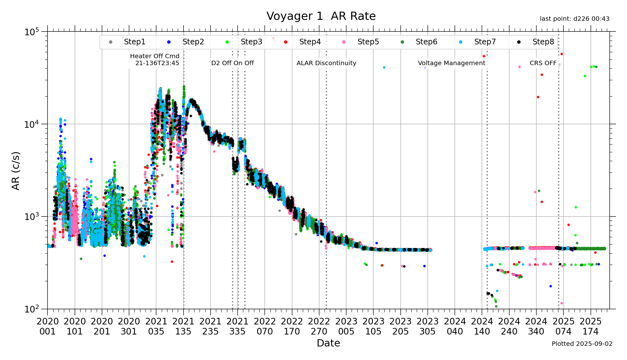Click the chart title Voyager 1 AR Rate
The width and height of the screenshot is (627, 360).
[321, 16]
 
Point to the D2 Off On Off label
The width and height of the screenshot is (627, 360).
[232, 63]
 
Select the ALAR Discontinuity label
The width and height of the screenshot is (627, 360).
[326, 63]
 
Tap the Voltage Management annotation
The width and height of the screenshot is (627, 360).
[451, 63]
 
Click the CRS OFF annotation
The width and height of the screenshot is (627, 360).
[543, 63]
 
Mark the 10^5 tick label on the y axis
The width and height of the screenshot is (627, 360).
[32, 32]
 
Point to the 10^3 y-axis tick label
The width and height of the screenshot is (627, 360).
[32, 217]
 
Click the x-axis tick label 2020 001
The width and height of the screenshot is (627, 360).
[48, 326]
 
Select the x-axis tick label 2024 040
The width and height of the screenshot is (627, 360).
[455, 326]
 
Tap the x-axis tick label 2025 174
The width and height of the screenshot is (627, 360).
[590, 326]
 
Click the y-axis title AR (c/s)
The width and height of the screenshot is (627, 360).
[16, 171]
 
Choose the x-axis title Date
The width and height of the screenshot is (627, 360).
[328, 343]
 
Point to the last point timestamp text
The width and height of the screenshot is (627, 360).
[574, 19]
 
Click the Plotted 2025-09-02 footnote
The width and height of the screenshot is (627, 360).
[582, 344]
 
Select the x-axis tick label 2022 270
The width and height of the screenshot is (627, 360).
[319, 326]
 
